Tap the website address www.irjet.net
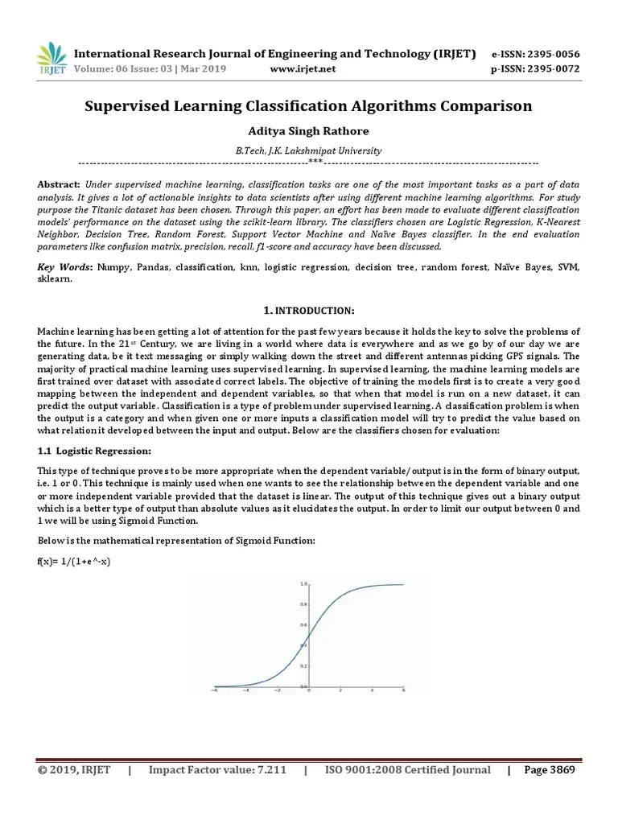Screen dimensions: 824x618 click(303, 69)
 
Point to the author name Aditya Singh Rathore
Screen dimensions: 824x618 click(309, 131)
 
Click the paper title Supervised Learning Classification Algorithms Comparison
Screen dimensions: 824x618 click(309, 106)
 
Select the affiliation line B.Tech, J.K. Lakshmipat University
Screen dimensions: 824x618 click(309, 150)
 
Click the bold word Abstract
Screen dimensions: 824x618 click(59, 185)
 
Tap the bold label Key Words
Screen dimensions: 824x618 click(65, 266)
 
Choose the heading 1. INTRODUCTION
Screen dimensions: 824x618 click(309, 311)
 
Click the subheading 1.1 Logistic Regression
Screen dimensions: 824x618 click(94, 451)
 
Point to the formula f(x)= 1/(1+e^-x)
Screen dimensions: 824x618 click(73, 560)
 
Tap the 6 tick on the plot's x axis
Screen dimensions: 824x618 click(403, 691)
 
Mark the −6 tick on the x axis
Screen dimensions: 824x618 click(214, 691)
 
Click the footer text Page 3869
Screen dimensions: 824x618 click(550, 770)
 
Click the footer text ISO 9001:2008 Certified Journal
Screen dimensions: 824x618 click(407, 770)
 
